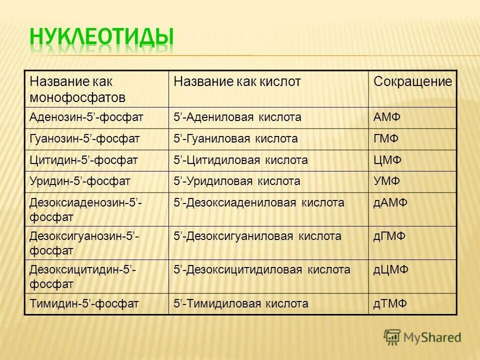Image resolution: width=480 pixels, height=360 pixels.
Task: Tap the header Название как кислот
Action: (x=237, y=81)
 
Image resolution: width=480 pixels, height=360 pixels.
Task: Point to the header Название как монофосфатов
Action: (x=77, y=88)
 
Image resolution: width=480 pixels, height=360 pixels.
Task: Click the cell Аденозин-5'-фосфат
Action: (x=86, y=117)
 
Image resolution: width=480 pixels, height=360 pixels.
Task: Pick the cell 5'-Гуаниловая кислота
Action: (x=235, y=139)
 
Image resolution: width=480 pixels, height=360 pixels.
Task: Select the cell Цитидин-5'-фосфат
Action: (x=83, y=160)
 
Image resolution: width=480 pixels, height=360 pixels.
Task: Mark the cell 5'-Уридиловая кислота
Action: (x=237, y=181)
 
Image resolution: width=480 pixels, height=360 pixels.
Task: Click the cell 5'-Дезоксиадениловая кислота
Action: (x=259, y=203)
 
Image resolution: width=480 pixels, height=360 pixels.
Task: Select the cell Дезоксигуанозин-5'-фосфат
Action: (x=84, y=242)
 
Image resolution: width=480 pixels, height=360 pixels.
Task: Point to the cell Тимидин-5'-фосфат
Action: (x=83, y=303)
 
